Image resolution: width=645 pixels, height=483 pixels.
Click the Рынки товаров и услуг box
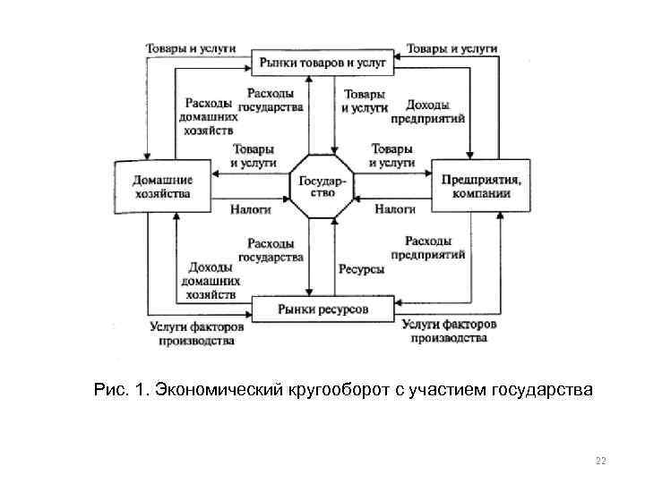tap(322, 62)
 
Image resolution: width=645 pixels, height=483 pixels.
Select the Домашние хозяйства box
tap(162, 186)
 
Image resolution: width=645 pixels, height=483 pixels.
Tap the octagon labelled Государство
tap(322, 186)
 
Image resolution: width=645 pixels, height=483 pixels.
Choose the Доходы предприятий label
tap(427, 110)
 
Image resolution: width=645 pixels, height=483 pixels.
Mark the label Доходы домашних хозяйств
tap(211, 280)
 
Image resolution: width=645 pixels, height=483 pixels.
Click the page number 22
tap(600, 461)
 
